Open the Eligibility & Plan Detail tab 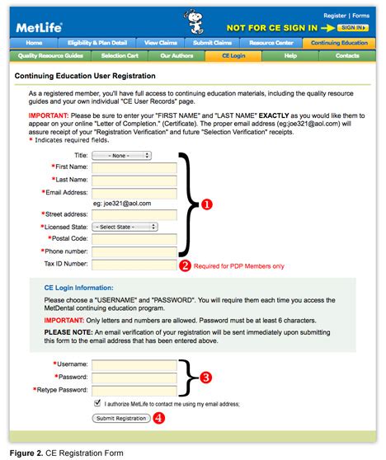tap(98, 42)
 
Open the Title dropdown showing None tap(121, 154)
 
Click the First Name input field tap(134, 167)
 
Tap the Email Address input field tap(134, 193)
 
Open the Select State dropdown tap(125, 227)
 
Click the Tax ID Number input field tap(134, 265)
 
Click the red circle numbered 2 tap(186, 265)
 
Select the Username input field tap(134, 364)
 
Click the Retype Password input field tap(134, 389)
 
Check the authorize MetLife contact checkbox tap(98, 404)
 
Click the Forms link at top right tap(361, 16)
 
